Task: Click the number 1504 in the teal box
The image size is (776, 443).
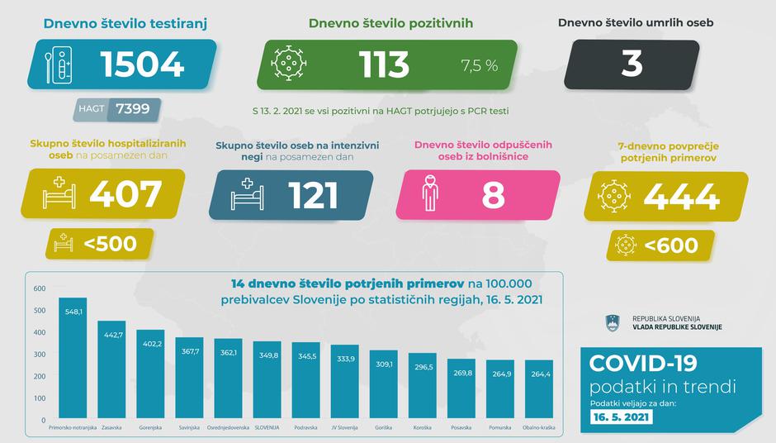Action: click(x=141, y=64)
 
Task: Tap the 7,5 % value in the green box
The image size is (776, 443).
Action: click(x=479, y=65)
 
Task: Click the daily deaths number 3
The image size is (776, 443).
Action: click(x=632, y=64)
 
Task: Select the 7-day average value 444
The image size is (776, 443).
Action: click(x=680, y=197)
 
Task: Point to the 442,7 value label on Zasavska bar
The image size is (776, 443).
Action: click(x=111, y=335)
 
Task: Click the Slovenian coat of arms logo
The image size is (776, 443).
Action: click(x=613, y=322)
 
